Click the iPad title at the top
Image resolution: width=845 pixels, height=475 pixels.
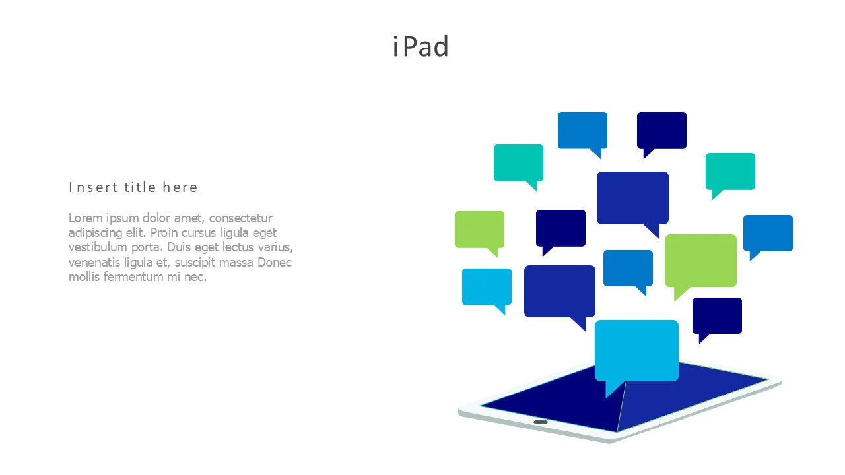421,47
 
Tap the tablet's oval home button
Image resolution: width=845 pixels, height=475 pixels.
541,422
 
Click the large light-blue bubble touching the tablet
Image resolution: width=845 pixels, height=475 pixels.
636,350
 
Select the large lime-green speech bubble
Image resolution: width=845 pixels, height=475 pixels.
700,260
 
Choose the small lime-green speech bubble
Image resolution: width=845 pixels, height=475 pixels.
479,229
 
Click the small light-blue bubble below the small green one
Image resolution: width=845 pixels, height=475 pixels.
487,286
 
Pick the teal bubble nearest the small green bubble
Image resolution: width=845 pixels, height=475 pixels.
518,162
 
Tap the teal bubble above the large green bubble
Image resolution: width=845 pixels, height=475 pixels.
730,171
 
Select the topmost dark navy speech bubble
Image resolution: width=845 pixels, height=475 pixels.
661,130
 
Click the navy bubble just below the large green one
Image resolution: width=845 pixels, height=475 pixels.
717,315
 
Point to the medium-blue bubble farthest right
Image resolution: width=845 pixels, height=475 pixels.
768,232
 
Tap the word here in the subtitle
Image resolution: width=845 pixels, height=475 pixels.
180,187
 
